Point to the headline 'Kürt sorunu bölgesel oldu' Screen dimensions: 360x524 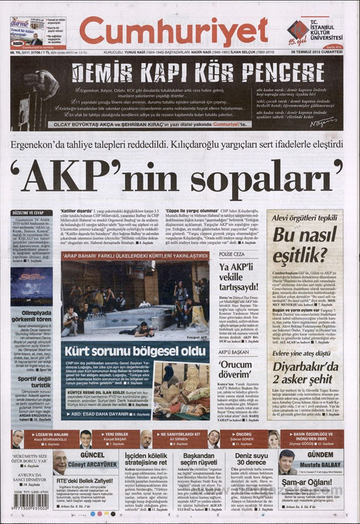[x=136, y=351]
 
